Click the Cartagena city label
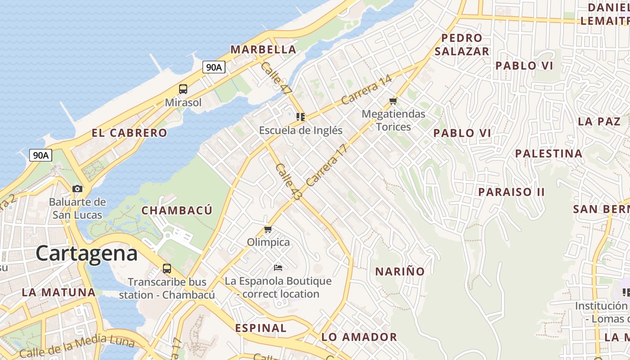[86, 253]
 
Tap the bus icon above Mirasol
[183, 89]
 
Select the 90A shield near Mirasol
[213, 67]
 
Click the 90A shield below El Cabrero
[40, 155]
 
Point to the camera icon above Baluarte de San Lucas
[77, 189]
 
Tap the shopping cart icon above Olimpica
[268, 229]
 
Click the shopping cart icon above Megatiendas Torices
[393, 101]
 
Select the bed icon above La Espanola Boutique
[278, 268]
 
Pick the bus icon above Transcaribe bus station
[167, 269]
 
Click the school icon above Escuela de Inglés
[301, 117]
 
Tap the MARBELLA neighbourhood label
[263, 49]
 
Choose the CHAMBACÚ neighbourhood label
[177, 210]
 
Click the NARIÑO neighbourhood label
[400, 271]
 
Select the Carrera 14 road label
[367, 90]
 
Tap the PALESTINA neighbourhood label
[549, 153]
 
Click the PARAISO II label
[511, 192]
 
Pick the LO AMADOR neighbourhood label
[359, 337]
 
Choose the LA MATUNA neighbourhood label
[58, 292]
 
